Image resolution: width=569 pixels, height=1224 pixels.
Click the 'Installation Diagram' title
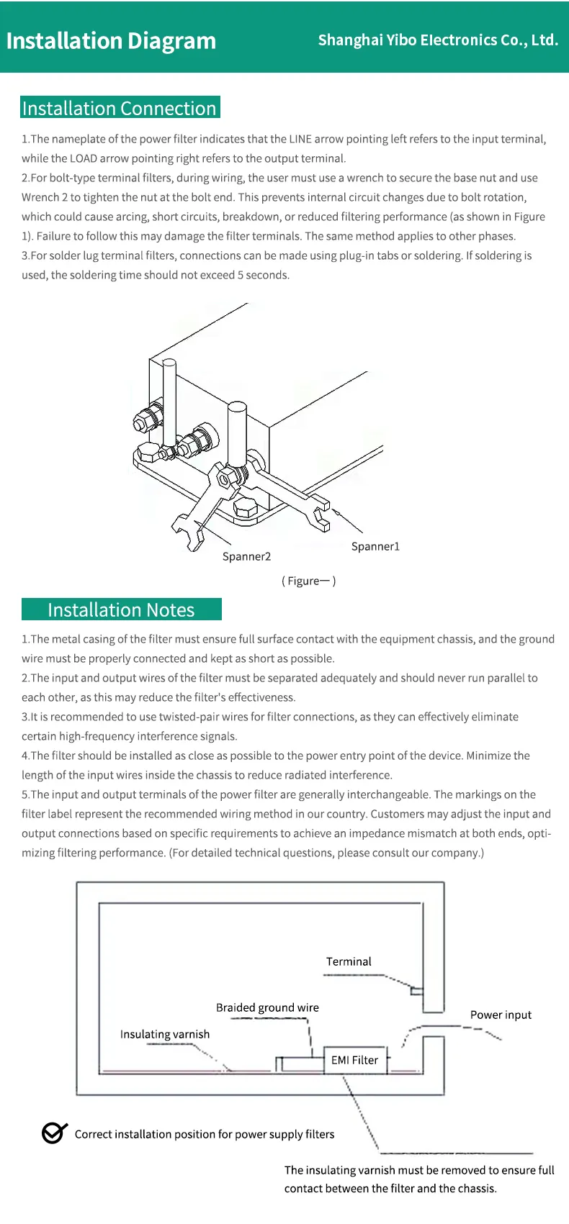[x=111, y=41]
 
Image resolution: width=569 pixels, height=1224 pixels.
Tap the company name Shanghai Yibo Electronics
[x=438, y=40]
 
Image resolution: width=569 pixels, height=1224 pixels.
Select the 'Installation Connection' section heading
[x=120, y=108]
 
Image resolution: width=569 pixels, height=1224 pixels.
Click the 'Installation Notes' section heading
[x=121, y=609]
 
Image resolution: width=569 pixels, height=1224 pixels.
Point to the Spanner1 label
[x=375, y=546]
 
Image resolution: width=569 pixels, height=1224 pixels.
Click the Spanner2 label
[x=246, y=556]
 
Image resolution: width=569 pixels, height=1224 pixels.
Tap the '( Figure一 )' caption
[x=308, y=581]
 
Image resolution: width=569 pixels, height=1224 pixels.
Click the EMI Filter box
[x=354, y=1060]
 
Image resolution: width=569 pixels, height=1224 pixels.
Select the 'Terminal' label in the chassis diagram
[x=349, y=961]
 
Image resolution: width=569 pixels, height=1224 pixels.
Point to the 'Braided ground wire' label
[x=267, y=1007]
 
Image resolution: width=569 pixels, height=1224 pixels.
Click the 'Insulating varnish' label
[x=165, y=1034]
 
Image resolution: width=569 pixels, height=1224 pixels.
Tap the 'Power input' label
[x=501, y=1015]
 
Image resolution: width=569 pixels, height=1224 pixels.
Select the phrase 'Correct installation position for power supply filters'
[x=205, y=1134]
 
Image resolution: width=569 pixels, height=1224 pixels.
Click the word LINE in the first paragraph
[x=300, y=139]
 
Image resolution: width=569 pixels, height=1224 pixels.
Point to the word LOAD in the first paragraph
[x=83, y=158]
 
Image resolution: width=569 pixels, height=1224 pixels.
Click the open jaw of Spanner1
[x=322, y=514]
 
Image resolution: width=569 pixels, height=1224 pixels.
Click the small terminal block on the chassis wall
[x=416, y=990]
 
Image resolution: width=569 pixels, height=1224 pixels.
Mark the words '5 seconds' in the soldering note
[x=263, y=275]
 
